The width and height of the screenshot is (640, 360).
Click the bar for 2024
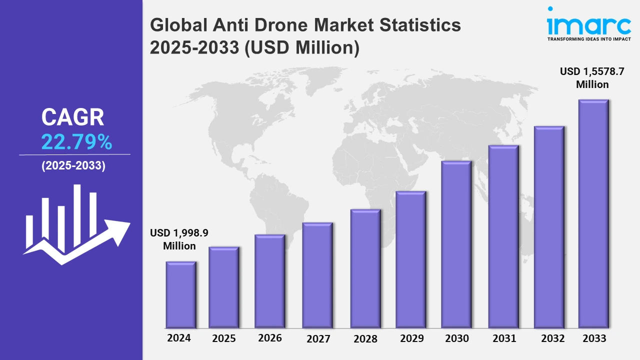[x=180, y=295]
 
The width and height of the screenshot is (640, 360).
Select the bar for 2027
[x=317, y=275]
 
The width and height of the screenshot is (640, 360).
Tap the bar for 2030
[x=456, y=244]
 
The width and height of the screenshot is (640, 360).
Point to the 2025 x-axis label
[x=224, y=338]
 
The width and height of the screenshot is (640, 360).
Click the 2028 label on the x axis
[x=365, y=338]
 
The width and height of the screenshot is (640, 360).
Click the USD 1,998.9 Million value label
[x=179, y=239]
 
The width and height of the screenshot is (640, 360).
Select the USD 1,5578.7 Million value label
[x=592, y=78]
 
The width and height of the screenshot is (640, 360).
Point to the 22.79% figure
[x=76, y=143]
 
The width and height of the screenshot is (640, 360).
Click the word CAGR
[x=73, y=117]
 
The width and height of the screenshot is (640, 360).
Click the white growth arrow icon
[x=76, y=225]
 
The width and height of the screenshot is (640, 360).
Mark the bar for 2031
[x=503, y=237]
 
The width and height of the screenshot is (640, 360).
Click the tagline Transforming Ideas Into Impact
[x=588, y=38]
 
